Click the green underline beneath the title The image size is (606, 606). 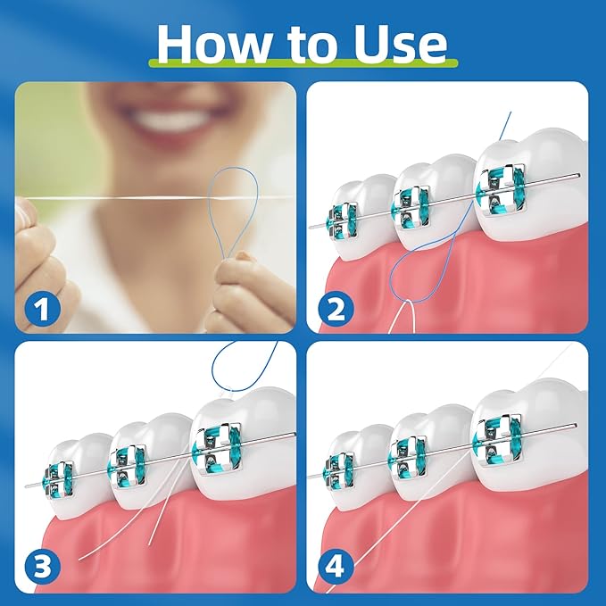303,65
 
